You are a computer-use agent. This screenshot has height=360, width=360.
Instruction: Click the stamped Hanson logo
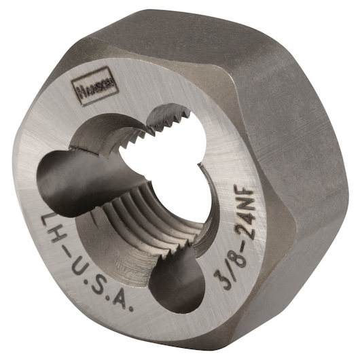click(88, 88)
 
